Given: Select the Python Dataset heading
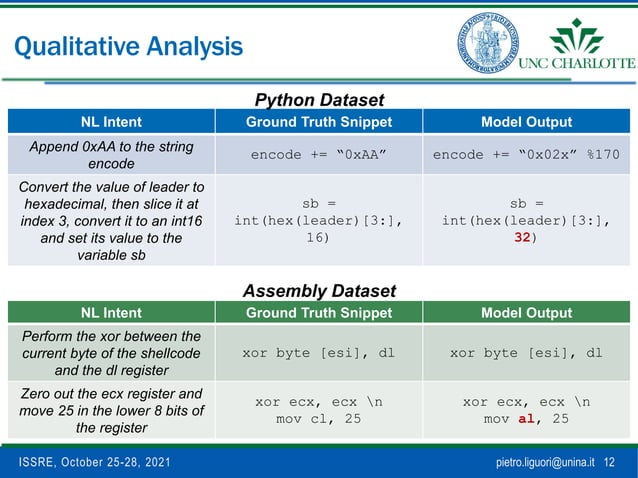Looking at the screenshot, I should (x=319, y=100).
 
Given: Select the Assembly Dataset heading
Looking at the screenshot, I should (x=319, y=291).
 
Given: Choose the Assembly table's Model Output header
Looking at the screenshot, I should (x=526, y=312).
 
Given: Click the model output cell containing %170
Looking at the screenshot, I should (x=526, y=155).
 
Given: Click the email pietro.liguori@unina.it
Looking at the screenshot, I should (x=545, y=463).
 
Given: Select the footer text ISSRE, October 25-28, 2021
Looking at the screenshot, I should (x=85, y=463).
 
